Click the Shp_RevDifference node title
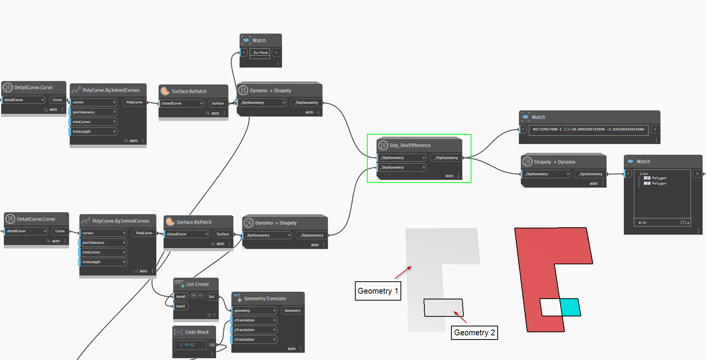tap(410, 145)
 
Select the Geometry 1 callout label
tap(378, 291)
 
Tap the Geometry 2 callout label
tap(474, 333)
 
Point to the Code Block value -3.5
tap(189, 345)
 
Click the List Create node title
tap(197, 284)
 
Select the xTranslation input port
tap(254, 320)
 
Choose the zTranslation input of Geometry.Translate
tap(254, 340)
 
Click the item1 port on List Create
tap(181, 306)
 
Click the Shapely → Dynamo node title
tap(554, 162)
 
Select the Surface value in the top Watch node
tap(260, 52)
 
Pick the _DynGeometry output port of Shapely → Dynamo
tap(591, 174)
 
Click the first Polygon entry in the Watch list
tap(659, 178)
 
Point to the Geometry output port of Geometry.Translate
tap(292, 311)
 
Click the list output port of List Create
tap(211, 297)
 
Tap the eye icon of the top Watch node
tap(246, 40)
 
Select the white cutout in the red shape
tap(551, 308)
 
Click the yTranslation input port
tap(254, 330)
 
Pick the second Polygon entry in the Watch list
tap(659, 183)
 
